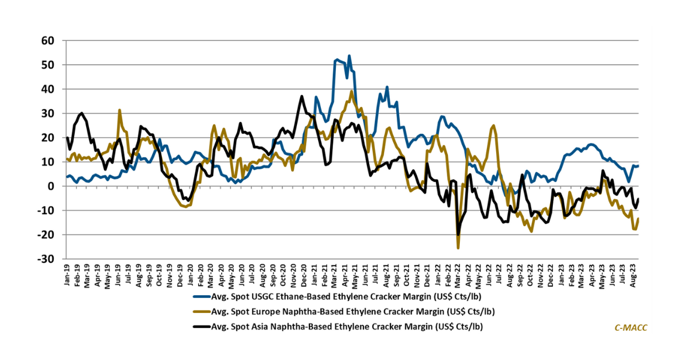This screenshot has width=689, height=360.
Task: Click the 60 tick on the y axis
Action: (x=48, y=41)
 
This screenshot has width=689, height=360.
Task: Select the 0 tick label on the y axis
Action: (x=52, y=187)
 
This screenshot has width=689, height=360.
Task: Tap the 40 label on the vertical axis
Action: (x=48, y=90)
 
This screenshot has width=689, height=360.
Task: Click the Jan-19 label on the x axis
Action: (x=68, y=276)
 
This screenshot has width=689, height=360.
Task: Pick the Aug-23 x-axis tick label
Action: (x=633, y=276)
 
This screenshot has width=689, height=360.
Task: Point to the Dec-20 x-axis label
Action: (x=303, y=276)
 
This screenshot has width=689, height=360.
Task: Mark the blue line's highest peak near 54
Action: (x=349, y=56)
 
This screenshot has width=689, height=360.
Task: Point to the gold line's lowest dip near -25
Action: (x=458, y=247)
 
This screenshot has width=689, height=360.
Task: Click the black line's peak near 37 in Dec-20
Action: (x=301, y=96)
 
